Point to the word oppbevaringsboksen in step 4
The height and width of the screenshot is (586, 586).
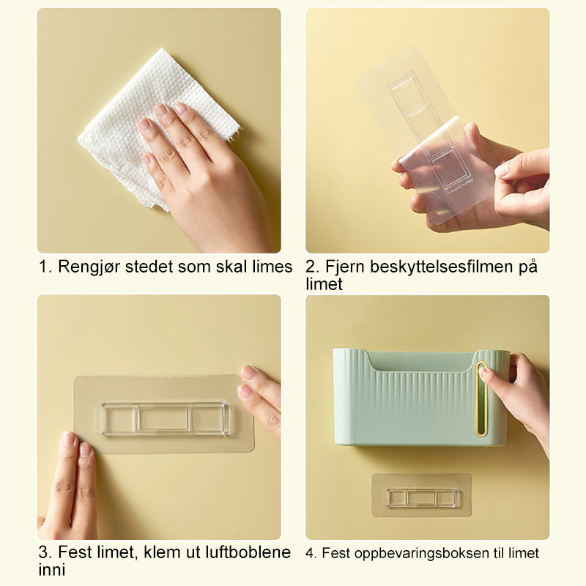pos(422,554)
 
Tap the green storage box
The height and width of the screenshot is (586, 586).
pos(420,397)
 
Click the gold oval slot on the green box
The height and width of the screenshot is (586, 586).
pos(481,399)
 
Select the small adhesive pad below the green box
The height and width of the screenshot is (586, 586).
pos(422,496)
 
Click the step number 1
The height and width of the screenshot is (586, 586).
pos(45,267)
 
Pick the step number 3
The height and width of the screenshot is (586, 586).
pos(45,552)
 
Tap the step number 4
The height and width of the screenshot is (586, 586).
pos(311,554)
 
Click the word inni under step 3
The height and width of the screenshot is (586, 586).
pos(51,570)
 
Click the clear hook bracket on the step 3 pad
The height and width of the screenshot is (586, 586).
pos(165,418)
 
